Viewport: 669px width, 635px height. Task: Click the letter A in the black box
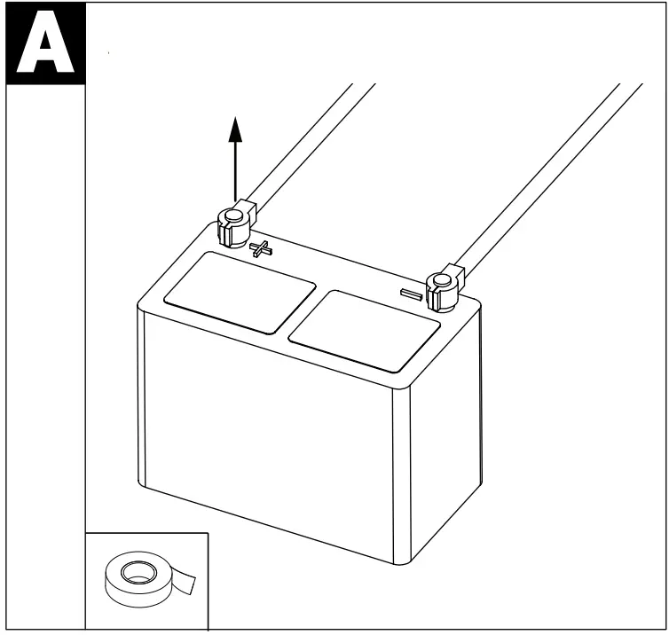(x=43, y=45)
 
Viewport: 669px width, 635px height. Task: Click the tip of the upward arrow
(x=235, y=119)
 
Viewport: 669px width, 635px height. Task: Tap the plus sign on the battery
(x=261, y=248)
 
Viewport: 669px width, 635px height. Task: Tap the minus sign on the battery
(x=411, y=293)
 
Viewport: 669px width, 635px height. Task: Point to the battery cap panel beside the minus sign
(x=365, y=329)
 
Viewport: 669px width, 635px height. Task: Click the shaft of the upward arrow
(x=235, y=169)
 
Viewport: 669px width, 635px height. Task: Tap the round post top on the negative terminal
(x=438, y=283)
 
